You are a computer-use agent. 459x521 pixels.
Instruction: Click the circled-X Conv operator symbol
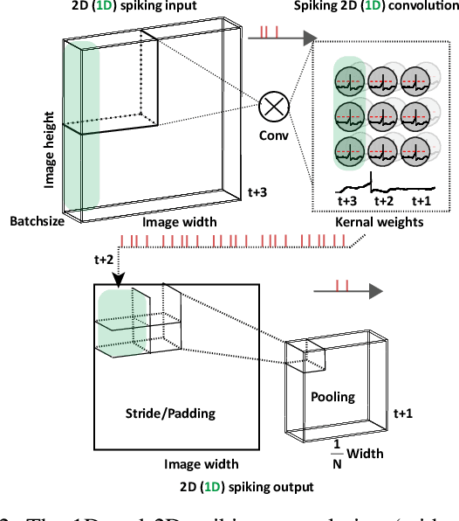coord(276,108)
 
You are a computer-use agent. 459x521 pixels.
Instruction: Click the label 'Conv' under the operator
coord(276,135)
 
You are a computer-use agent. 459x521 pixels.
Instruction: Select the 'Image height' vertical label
coord(51,148)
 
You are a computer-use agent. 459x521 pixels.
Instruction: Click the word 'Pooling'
coord(333,397)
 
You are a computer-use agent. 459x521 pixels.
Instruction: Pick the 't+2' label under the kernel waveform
coord(384,200)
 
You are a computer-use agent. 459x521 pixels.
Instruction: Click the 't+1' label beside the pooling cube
coord(403,413)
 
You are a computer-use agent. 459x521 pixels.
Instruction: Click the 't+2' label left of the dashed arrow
coord(104,259)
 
